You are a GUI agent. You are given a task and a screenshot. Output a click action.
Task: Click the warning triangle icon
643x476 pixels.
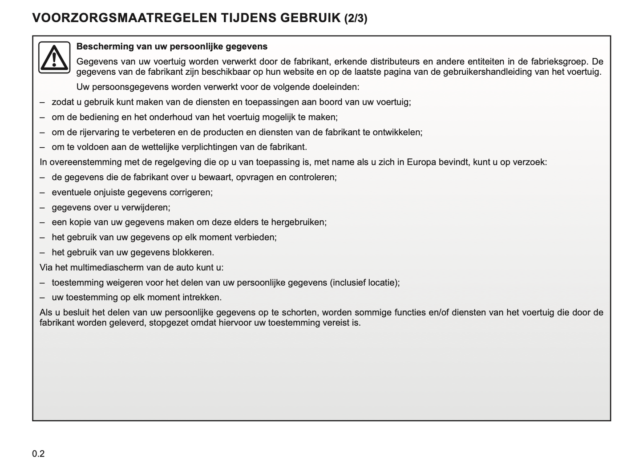point(54,57)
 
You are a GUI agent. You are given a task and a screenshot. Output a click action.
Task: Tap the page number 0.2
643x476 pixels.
point(38,454)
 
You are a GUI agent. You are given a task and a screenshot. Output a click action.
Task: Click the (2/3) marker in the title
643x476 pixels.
point(356,18)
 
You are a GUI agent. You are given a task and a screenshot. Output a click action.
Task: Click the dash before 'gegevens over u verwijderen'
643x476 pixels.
point(42,207)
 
